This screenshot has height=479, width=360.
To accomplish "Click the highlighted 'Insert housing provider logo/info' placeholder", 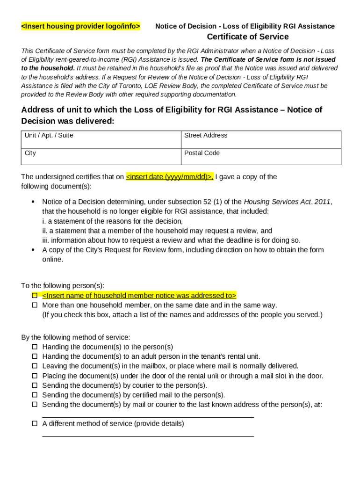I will coord(80,26).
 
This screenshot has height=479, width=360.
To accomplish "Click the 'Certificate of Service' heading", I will coord(248,37).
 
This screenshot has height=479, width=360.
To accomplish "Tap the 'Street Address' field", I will coord(260,140).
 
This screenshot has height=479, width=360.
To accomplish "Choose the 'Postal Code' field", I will coord(260,157).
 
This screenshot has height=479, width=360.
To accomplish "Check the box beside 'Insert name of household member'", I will coord(35,296).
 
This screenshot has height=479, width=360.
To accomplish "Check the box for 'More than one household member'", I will coord(35,305).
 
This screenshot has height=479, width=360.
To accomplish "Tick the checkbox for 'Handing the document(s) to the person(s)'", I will coord(35,347).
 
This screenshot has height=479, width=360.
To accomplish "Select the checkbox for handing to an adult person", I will coord(35,356).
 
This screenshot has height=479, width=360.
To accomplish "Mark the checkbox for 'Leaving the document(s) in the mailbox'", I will coord(35,366).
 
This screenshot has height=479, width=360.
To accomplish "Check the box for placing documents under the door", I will coord(35,376).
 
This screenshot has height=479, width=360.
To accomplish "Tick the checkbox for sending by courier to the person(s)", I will coord(35,385).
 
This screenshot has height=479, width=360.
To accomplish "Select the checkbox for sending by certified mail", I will coord(35,395).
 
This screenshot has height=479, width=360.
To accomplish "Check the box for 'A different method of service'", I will coord(35,424).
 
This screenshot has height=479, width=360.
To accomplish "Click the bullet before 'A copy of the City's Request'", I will coord(33,250).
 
